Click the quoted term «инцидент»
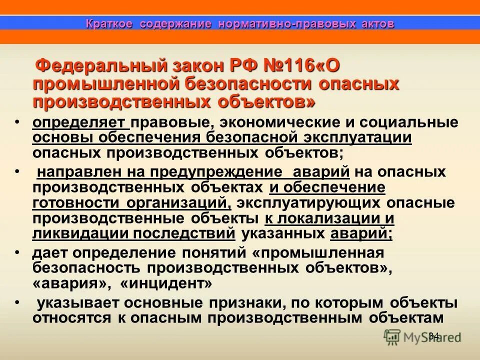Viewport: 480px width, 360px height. pyautogui.click(x=166, y=283)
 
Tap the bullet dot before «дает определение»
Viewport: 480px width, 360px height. pyautogui.click(x=17, y=252)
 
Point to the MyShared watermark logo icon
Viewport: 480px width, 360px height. pyautogui.click(x=391, y=336)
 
